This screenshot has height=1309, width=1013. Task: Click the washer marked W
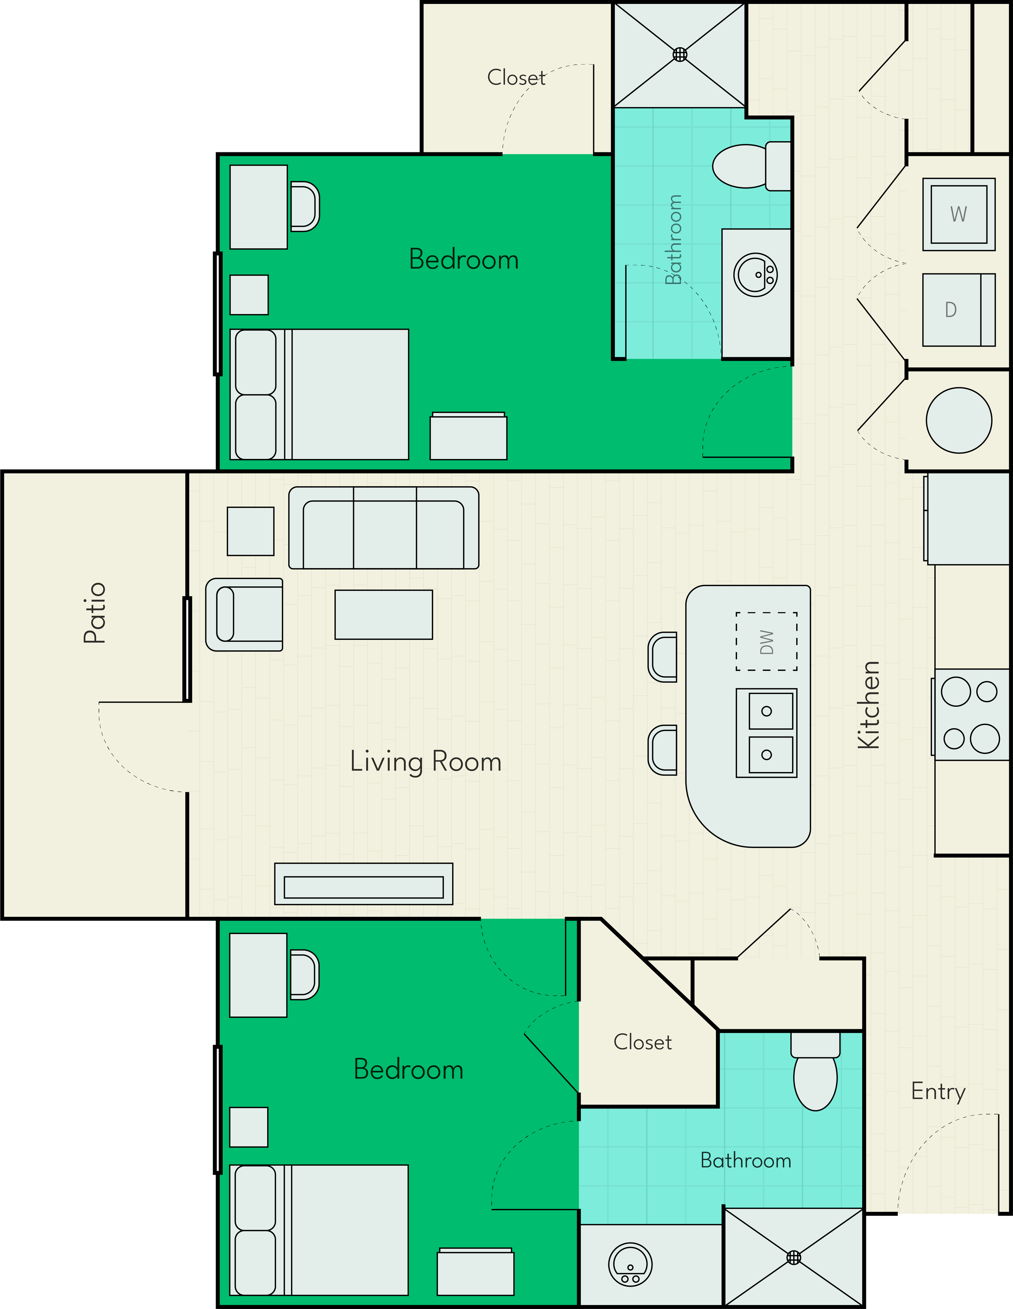pos(958,214)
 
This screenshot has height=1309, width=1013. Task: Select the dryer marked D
pos(958,310)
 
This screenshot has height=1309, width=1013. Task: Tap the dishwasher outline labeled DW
pos(766,641)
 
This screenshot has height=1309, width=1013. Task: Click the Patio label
pos(95,613)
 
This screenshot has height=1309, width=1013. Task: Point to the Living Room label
pos(426,762)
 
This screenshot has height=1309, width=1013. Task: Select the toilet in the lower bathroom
pos(815,1071)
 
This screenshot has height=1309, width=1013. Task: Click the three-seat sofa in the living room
pos(384,527)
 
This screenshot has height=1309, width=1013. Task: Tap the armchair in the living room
pos(244,614)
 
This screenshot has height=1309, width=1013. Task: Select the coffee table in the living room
pos(384,614)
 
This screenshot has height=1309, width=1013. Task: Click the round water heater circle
pos(958,420)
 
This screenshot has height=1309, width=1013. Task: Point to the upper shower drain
pos(680,55)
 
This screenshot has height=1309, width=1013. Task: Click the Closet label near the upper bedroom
pos(516,77)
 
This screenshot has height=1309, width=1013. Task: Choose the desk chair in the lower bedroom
pos(305,974)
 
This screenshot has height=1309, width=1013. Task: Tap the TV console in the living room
pos(364,884)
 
